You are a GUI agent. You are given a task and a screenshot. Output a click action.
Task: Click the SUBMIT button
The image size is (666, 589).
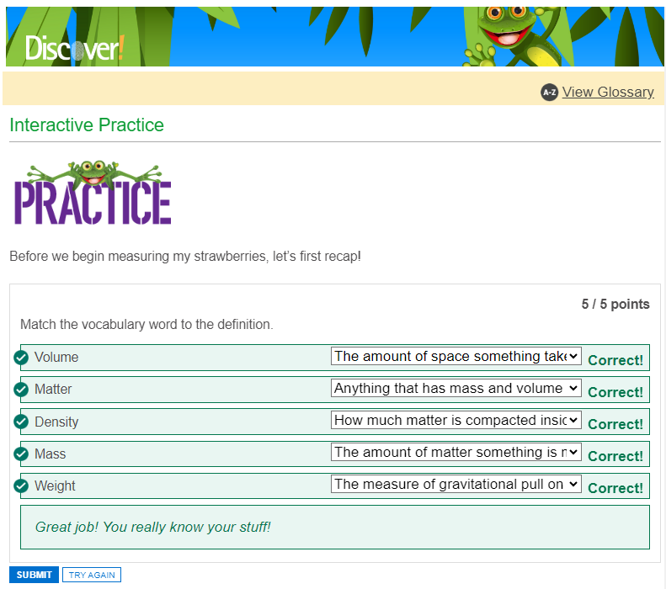click(x=34, y=575)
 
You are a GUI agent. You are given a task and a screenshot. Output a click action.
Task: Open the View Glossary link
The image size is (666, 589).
click(x=608, y=92)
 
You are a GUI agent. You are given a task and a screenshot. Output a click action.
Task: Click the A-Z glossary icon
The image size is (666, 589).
click(x=549, y=92)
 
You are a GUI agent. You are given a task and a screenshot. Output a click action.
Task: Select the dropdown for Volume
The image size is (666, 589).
click(x=456, y=356)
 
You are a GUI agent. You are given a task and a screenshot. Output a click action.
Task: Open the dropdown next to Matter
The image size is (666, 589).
click(x=456, y=388)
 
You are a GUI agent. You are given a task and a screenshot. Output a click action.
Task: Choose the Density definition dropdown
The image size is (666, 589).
click(x=456, y=420)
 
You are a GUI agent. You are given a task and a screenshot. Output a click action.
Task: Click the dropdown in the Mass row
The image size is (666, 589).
click(x=456, y=452)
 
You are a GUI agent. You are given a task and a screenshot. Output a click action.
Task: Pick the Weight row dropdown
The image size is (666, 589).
click(x=456, y=484)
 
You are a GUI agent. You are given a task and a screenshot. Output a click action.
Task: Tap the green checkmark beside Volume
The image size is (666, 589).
click(x=21, y=358)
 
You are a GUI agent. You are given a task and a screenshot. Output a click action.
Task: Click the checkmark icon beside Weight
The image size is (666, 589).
click(x=21, y=486)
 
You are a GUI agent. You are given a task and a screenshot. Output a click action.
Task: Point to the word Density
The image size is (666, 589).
click(x=56, y=422)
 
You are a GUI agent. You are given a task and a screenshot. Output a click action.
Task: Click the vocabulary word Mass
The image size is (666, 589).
click(x=51, y=454)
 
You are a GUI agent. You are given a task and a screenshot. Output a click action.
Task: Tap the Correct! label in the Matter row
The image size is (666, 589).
click(x=615, y=392)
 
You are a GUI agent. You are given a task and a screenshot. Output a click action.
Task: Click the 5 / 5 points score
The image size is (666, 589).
click(x=615, y=304)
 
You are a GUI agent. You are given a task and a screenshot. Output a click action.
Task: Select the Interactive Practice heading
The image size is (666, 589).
click(x=87, y=125)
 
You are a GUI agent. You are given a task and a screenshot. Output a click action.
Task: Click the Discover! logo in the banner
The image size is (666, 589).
click(x=75, y=47)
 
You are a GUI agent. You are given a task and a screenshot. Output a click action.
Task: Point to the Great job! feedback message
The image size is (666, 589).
click(x=153, y=527)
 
